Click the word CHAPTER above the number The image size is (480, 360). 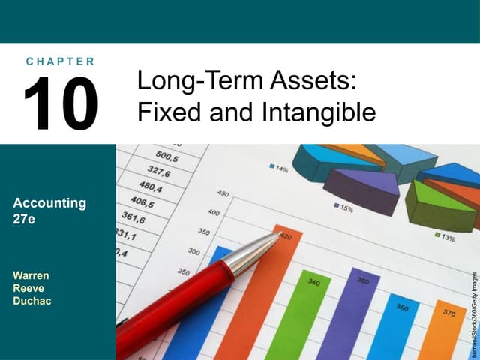[x=60, y=61]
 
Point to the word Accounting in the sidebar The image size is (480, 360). [x=49, y=202]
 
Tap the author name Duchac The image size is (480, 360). [x=32, y=301]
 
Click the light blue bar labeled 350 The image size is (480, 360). [x=392, y=330]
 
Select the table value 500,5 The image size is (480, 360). [x=167, y=158]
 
